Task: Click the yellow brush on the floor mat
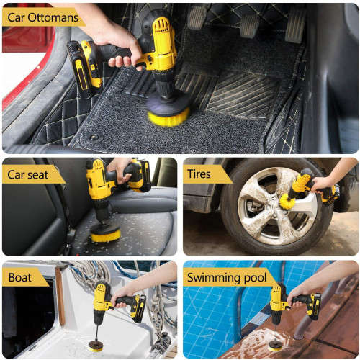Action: coord(169,114)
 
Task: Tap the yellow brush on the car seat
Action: coord(105,233)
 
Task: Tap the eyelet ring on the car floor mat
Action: coord(94,136)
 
